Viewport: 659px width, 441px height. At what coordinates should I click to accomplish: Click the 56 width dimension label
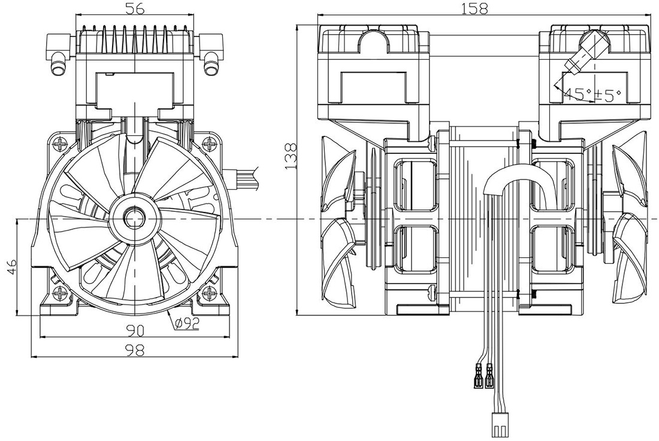[x=134, y=8]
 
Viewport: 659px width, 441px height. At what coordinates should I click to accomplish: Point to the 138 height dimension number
[x=291, y=157]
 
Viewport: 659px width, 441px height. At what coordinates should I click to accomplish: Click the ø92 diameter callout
[x=187, y=324]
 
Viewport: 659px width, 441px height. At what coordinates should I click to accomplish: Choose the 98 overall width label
[x=134, y=351]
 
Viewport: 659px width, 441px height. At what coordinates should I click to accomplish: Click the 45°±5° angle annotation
[x=592, y=95]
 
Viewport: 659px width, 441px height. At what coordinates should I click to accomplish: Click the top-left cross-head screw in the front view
[x=61, y=145]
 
